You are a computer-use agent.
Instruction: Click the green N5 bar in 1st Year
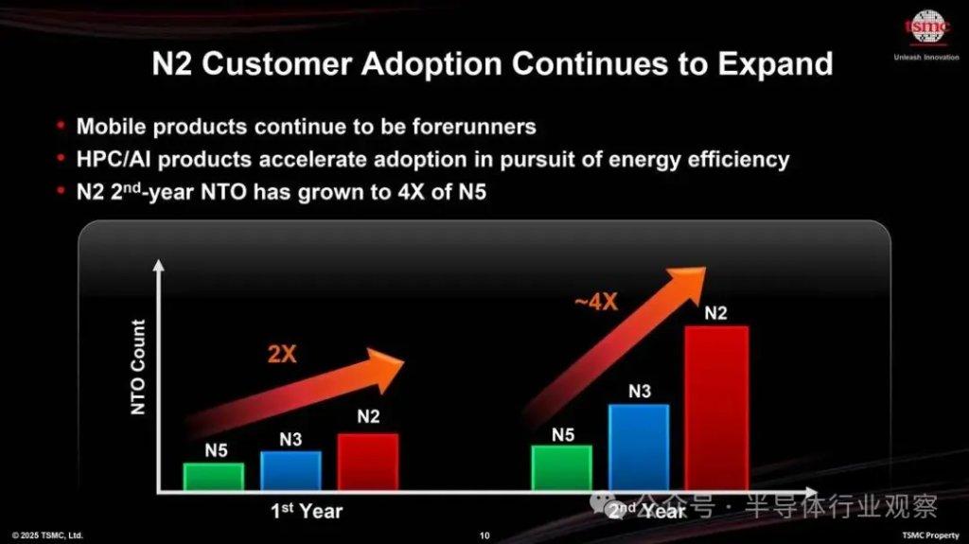[214, 476]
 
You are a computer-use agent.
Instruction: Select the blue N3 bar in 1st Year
[291, 470]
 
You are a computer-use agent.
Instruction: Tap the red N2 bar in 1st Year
[368, 462]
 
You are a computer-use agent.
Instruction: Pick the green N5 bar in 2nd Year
[562, 467]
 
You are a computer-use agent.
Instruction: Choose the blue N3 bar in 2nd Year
[639, 447]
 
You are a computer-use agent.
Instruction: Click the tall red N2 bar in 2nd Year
[716, 408]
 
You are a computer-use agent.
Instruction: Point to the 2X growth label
[282, 355]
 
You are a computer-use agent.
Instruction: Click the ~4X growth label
[596, 303]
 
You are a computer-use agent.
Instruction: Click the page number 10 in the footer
[484, 535]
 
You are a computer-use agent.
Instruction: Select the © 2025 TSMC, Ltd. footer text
[47, 535]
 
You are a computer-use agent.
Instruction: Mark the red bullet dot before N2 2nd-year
[62, 192]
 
